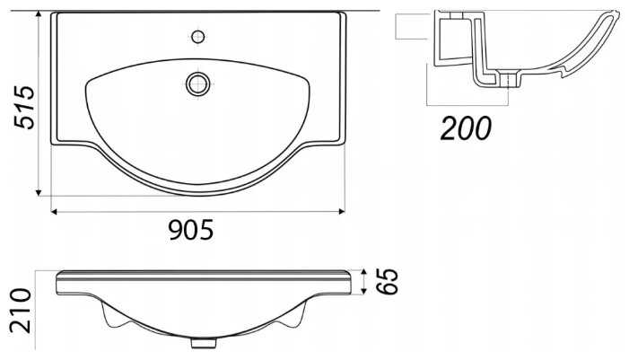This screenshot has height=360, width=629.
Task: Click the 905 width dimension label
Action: (x=191, y=231)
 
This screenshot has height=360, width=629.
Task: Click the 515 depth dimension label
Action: (x=24, y=107)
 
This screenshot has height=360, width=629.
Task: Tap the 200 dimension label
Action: (x=466, y=128)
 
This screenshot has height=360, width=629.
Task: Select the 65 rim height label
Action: (x=388, y=281)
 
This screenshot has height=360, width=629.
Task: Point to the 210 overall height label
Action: (x=21, y=311)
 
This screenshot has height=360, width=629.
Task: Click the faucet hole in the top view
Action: (x=197, y=37)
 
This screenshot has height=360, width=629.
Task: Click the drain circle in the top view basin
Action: (x=197, y=83)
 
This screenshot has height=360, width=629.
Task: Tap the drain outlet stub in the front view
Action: (x=204, y=343)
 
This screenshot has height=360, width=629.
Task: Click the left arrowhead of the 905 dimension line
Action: (x=54, y=212)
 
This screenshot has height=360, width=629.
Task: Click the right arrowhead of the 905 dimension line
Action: (x=342, y=212)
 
